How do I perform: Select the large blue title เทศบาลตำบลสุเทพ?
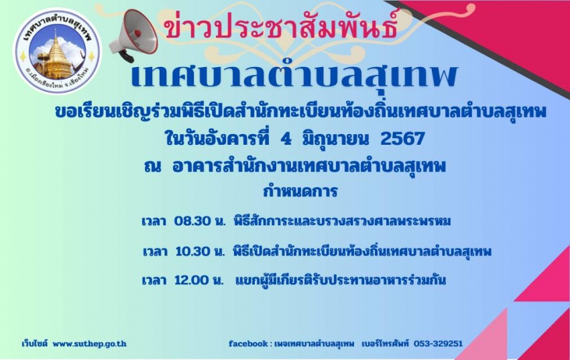coord(294,76)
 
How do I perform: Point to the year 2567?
coord(402,139)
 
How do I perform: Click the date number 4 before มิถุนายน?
coord(286,139)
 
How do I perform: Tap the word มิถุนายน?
coord(335,139)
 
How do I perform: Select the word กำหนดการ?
coord(300,191)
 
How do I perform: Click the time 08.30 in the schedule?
coord(192,221)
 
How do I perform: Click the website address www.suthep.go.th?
coord(89,344)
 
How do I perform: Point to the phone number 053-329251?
coord(438,343)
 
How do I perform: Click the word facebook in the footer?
coord(248,343)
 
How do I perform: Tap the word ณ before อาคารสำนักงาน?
coord(152,167)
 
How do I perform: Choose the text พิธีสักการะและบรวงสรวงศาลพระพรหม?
coord(342,221)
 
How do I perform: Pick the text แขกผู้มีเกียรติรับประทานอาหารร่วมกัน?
coord(341,280)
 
